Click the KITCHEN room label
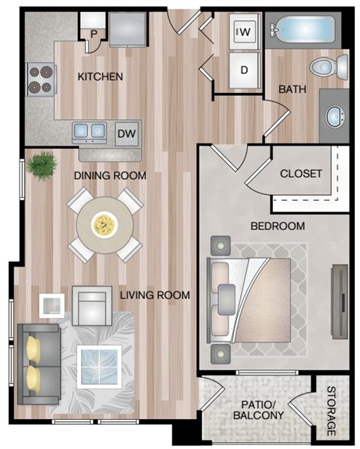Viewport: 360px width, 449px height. click(100, 76)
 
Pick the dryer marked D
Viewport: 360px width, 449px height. click(244, 70)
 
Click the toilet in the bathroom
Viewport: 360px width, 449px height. click(328, 67)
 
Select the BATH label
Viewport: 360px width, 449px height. click(292, 89)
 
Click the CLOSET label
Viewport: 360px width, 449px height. click(301, 173)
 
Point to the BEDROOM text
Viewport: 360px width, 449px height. click(277, 226)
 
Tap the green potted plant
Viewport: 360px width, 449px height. click(43, 163)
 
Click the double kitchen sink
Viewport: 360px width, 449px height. click(90, 132)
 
